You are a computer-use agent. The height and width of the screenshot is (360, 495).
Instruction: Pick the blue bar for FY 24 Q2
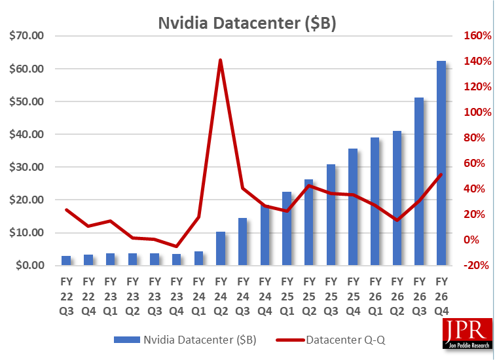[x=221, y=249]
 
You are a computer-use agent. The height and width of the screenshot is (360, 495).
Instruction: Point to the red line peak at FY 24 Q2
[x=220, y=60]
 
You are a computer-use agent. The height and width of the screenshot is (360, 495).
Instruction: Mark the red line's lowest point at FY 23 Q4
[x=176, y=246]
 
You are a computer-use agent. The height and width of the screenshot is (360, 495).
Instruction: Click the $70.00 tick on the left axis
[x=26, y=35]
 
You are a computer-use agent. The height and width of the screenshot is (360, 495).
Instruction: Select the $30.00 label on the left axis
[x=26, y=167]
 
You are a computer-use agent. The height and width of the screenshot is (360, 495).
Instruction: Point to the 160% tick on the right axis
[x=477, y=35]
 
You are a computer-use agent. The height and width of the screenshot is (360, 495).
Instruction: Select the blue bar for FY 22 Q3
[x=66, y=261]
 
